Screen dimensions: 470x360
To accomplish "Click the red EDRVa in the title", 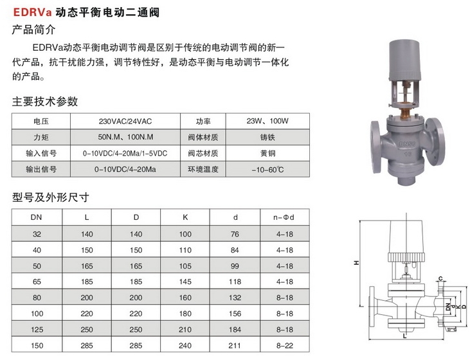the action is pyautogui.click(x=33, y=12).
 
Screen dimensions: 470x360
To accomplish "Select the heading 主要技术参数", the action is pyautogui.click(x=45, y=102).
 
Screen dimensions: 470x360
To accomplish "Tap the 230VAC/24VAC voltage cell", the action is pyautogui.click(x=125, y=122).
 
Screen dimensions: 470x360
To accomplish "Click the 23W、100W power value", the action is pyautogui.click(x=267, y=121).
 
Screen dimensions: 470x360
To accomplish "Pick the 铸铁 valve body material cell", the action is pyautogui.click(x=267, y=138).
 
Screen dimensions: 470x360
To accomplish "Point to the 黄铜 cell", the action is pyautogui.click(x=267, y=154).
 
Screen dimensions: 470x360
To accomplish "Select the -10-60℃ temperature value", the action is pyautogui.click(x=267, y=170).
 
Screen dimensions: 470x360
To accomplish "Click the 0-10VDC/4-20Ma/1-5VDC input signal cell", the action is pyautogui.click(x=125, y=154).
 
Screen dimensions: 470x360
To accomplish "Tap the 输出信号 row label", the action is pyautogui.click(x=41, y=169).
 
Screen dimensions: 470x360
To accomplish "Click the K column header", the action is pyautogui.click(x=185, y=217).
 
